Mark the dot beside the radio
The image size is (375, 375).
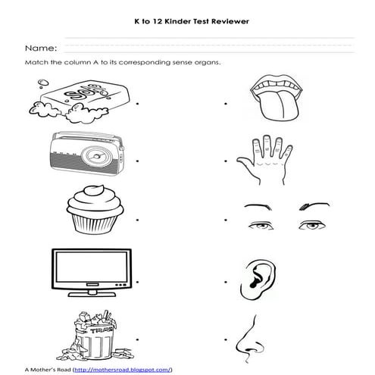(138, 161)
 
